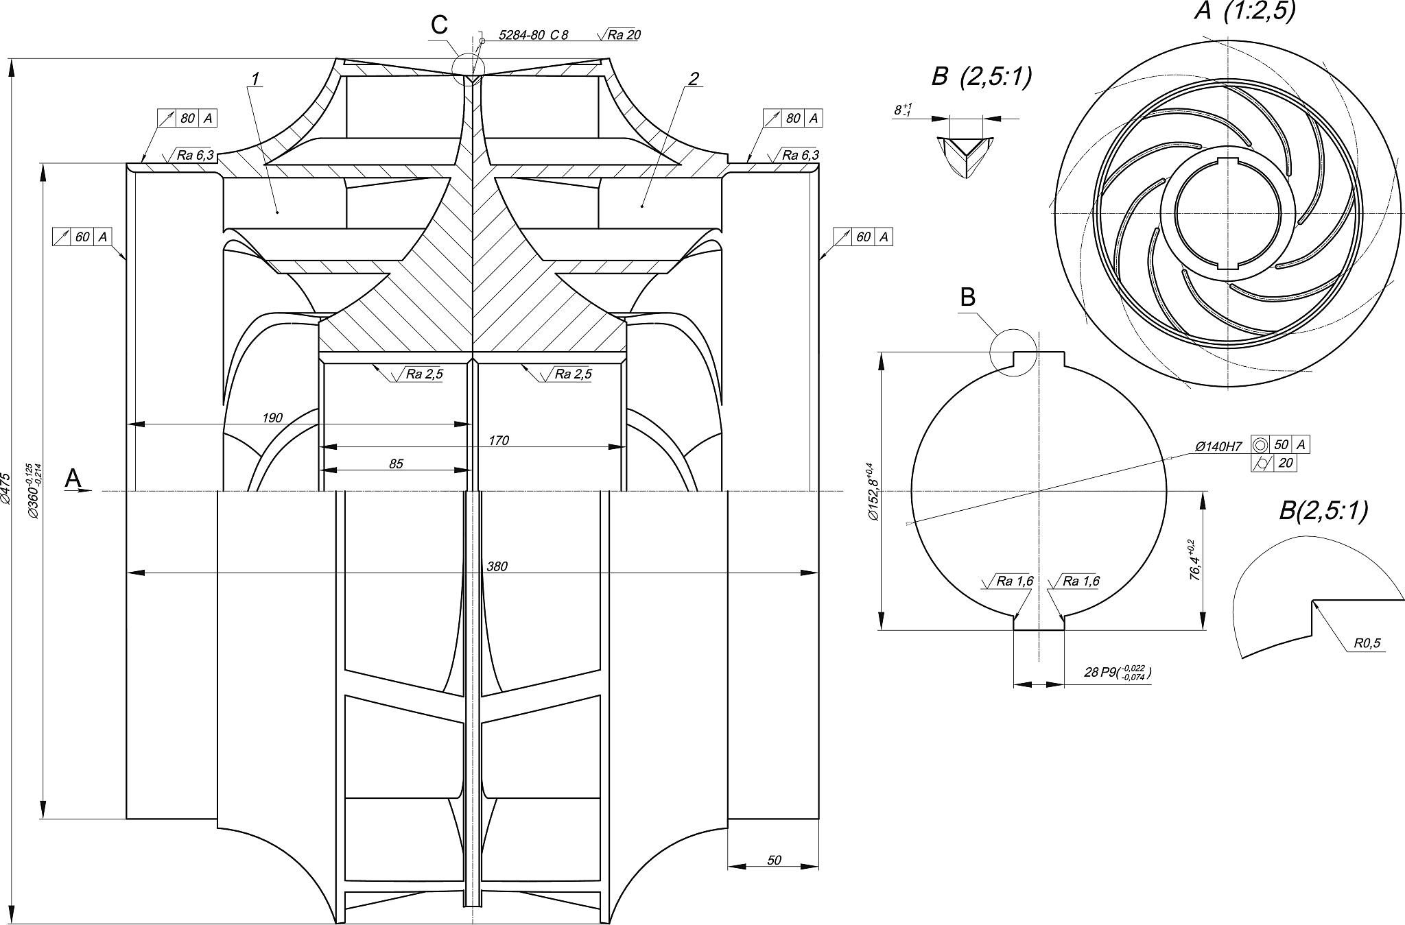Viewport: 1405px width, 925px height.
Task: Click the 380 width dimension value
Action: pyautogui.click(x=496, y=567)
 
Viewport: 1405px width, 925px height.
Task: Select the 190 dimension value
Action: pyautogui.click(x=272, y=418)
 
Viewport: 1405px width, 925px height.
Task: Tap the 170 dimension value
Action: pyautogui.click(x=499, y=440)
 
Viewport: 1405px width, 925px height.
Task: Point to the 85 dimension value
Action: pyautogui.click(x=396, y=464)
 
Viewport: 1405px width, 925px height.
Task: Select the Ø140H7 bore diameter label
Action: pyautogui.click(x=1218, y=446)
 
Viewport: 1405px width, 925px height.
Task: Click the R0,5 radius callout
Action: pyautogui.click(x=1367, y=643)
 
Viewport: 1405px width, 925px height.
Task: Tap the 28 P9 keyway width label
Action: pyautogui.click(x=1117, y=673)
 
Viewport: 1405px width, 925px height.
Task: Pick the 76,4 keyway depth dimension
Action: pyautogui.click(x=1194, y=560)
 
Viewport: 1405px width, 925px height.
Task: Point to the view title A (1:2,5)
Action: pyautogui.click(x=1244, y=12)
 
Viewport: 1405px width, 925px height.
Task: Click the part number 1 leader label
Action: pyautogui.click(x=255, y=80)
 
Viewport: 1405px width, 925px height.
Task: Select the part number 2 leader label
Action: pyautogui.click(x=693, y=80)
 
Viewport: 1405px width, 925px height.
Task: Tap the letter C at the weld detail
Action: pyautogui.click(x=439, y=25)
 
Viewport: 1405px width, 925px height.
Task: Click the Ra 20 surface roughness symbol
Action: pyautogui.click(x=619, y=35)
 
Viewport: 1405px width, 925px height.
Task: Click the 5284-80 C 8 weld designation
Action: pyautogui.click(x=533, y=35)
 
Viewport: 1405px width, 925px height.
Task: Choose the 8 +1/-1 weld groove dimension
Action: pyautogui.click(x=902, y=110)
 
